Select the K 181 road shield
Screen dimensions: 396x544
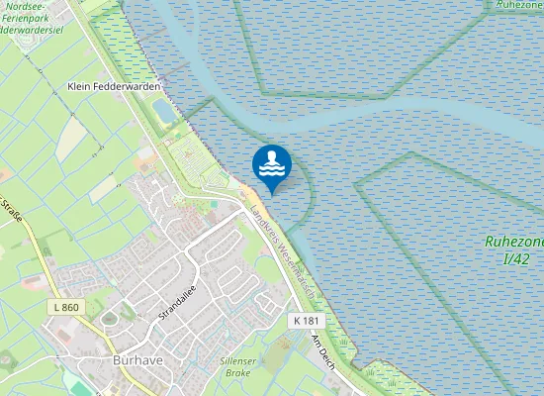[306, 322]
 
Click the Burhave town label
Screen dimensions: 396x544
[136, 360]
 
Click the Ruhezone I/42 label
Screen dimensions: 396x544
[513, 248]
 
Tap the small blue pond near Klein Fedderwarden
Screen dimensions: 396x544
[165, 109]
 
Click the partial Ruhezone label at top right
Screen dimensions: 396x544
[520, 5]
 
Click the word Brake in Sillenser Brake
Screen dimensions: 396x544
[237, 373]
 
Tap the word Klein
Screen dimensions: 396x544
[79, 86]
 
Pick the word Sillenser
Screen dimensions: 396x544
[237, 360]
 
